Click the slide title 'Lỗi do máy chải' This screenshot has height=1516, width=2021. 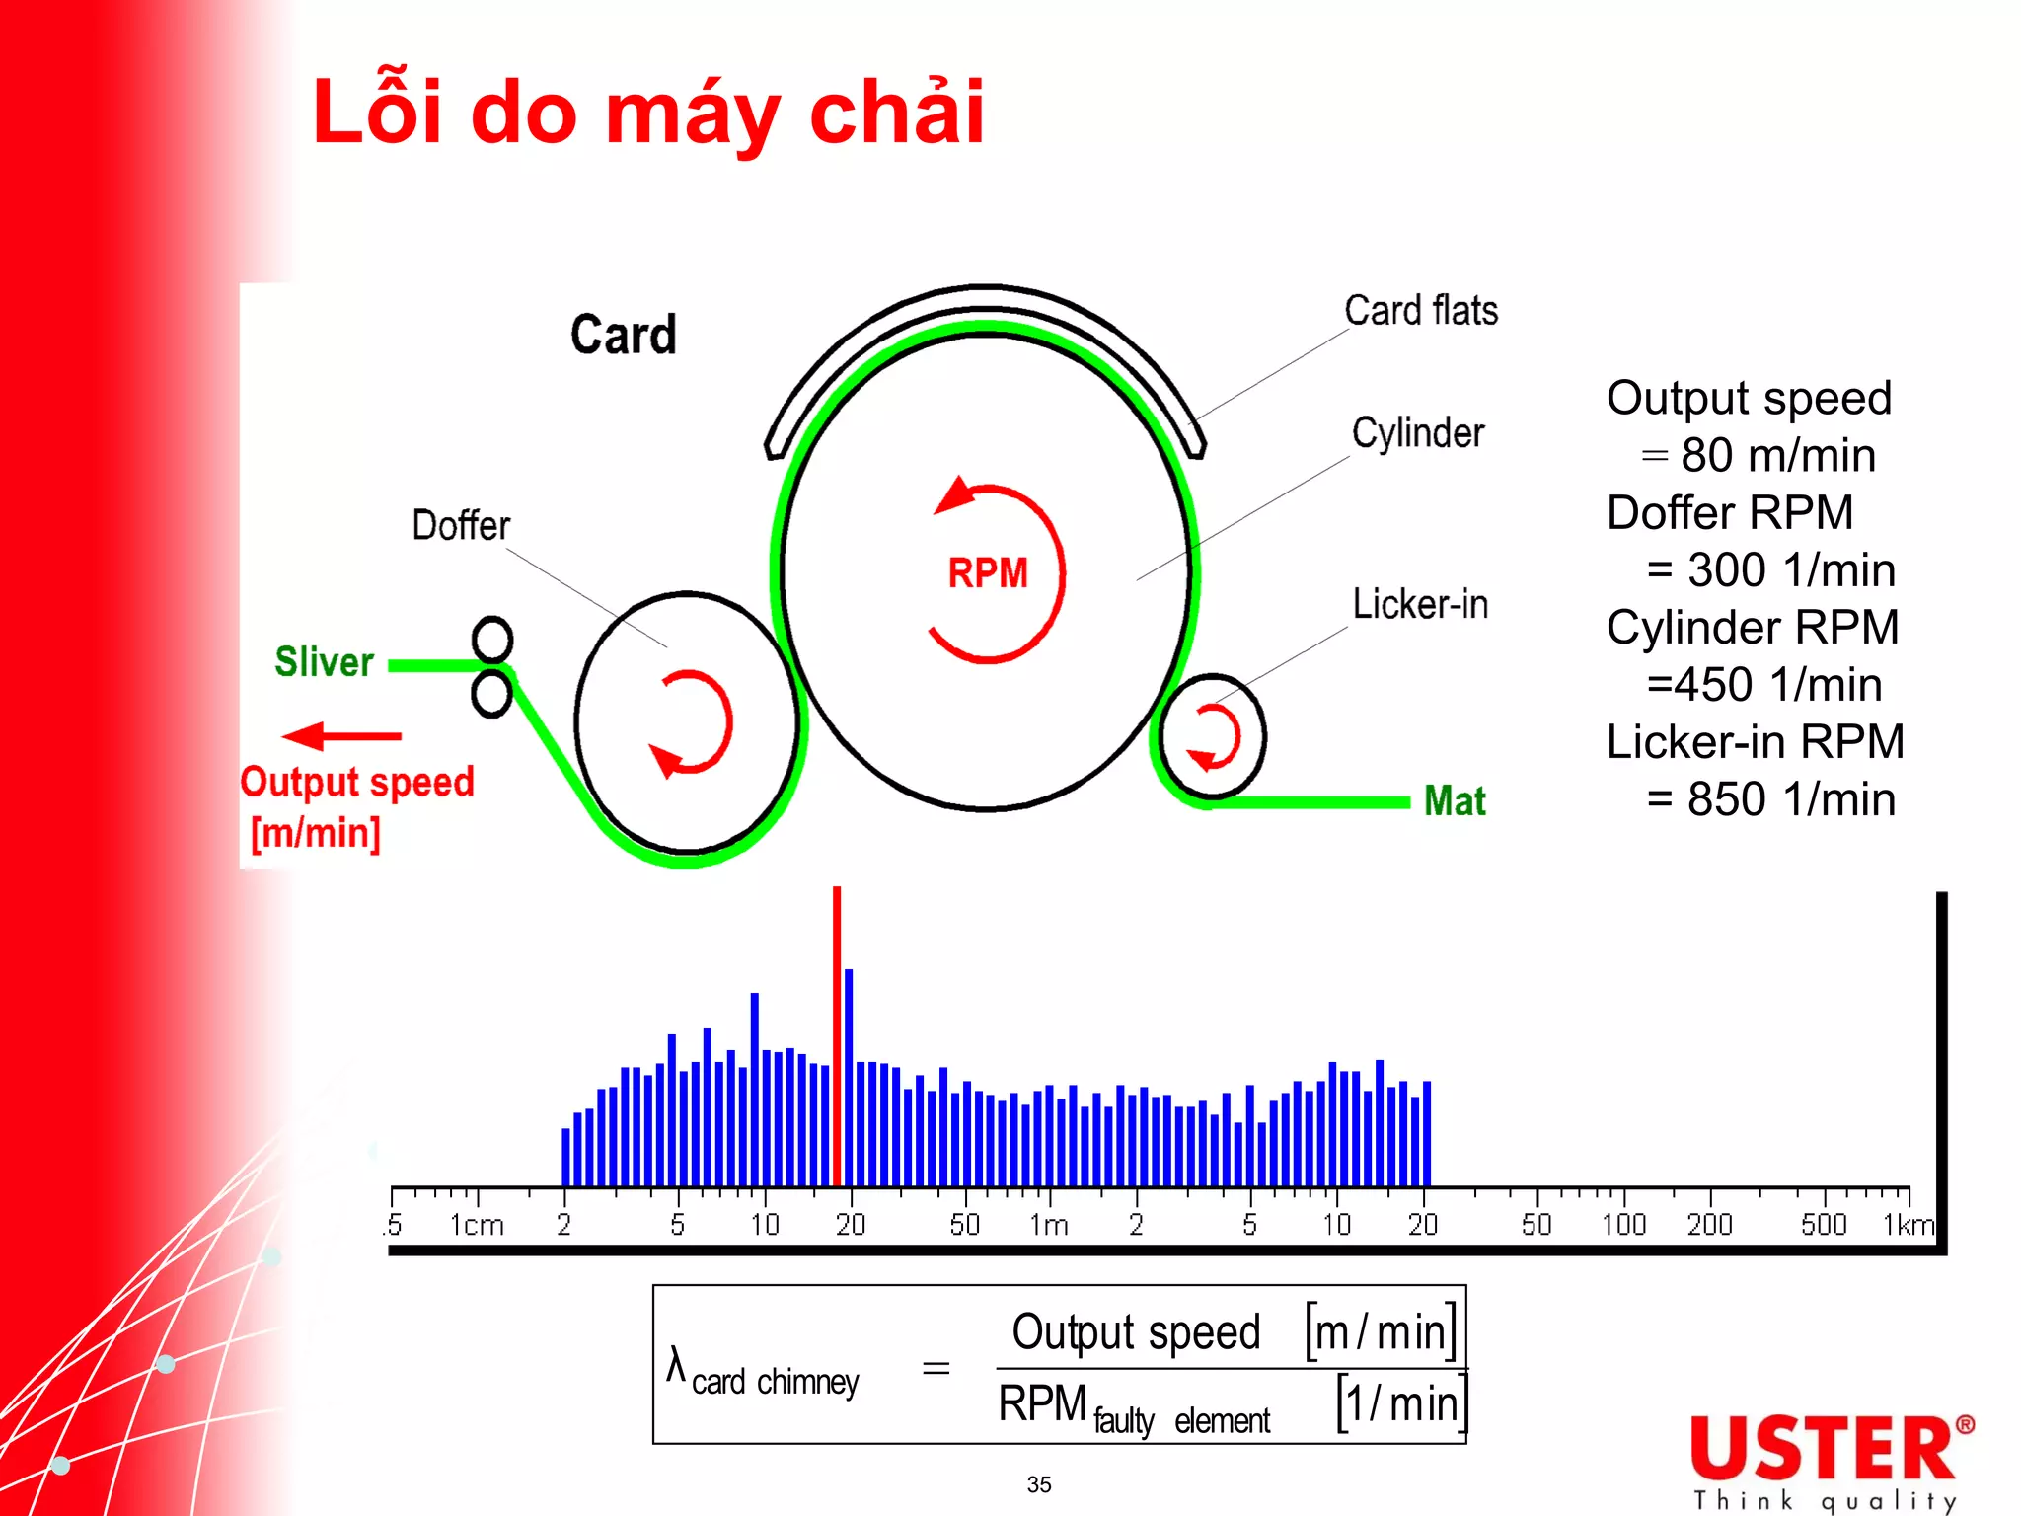point(647,113)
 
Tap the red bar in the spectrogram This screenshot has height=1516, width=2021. point(837,1036)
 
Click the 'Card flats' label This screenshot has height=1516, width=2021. point(1420,311)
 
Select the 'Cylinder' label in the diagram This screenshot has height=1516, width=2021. point(1417,433)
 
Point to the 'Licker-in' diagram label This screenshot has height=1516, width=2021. point(1419,604)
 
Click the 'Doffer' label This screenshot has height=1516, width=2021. point(461,525)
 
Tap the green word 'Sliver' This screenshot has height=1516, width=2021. point(324,661)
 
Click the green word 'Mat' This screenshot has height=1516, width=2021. point(1455,800)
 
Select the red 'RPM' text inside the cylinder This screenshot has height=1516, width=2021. point(988,573)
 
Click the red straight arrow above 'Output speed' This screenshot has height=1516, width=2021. point(341,736)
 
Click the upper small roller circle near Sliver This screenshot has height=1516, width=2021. point(492,640)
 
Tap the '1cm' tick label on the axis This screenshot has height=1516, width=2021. point(477,1225)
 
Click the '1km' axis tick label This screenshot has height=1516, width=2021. point(1908,1225)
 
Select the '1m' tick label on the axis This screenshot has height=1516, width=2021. point(1048,1225)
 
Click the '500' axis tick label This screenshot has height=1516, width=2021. point(1823,1225)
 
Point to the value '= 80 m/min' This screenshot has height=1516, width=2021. point(1758,456)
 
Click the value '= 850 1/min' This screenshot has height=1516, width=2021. point(1770,799)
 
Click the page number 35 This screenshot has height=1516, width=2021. point(1039,1484)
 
